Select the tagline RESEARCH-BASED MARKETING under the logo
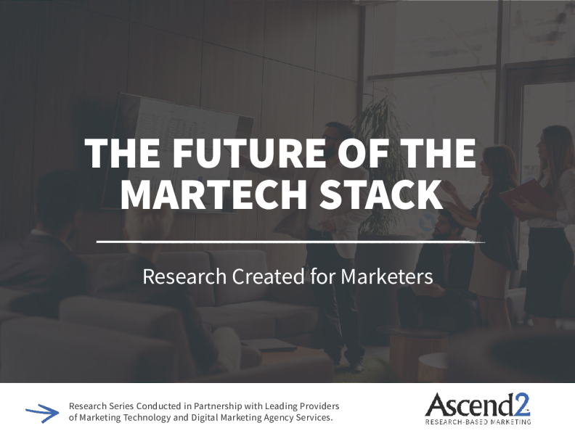point(478,421)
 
